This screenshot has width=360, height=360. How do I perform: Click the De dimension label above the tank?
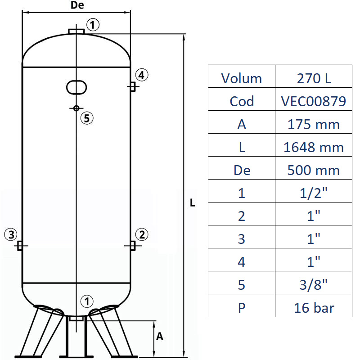pyautogui.click(x=77, y=5)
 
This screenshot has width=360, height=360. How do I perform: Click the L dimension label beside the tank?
pyautogui.click(x=193, y=203)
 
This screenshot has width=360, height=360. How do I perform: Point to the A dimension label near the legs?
pyautogui.click(x=159, y=336)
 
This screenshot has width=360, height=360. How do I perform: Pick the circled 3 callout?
pyautogui.click(x=11, y=234)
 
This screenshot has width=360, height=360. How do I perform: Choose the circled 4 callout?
pyautogui.click(x=141, y=75)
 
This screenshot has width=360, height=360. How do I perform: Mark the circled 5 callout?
pyautogui.click(x=86, y=118)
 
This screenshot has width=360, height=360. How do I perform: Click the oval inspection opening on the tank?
pyautogui.click(x=76, y=87)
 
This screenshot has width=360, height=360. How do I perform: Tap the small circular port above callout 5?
pyautogui.click(x=76, y=108)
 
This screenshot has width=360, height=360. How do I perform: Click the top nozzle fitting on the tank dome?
pyautogui.click(x=76, y=31)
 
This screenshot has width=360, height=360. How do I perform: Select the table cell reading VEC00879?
pyautogui.click(x=314, y=101)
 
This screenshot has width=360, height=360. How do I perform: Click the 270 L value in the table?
pyautogui.click(x=314, y=78)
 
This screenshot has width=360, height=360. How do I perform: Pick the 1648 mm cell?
pyautogui.click(x=314, y=147)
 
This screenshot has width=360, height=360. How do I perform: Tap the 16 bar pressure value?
pyautogui.click(x=314, y=308)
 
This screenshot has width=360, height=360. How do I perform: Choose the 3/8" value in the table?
pyautogui.click(x=314, y=285)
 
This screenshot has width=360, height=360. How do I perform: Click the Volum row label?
pyautogui.click(x=241, y=78)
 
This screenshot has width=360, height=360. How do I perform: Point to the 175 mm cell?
pyautogui.click(x=314, y=124)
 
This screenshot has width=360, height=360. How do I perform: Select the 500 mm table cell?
pyautogui.click(x=314, y=170)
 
